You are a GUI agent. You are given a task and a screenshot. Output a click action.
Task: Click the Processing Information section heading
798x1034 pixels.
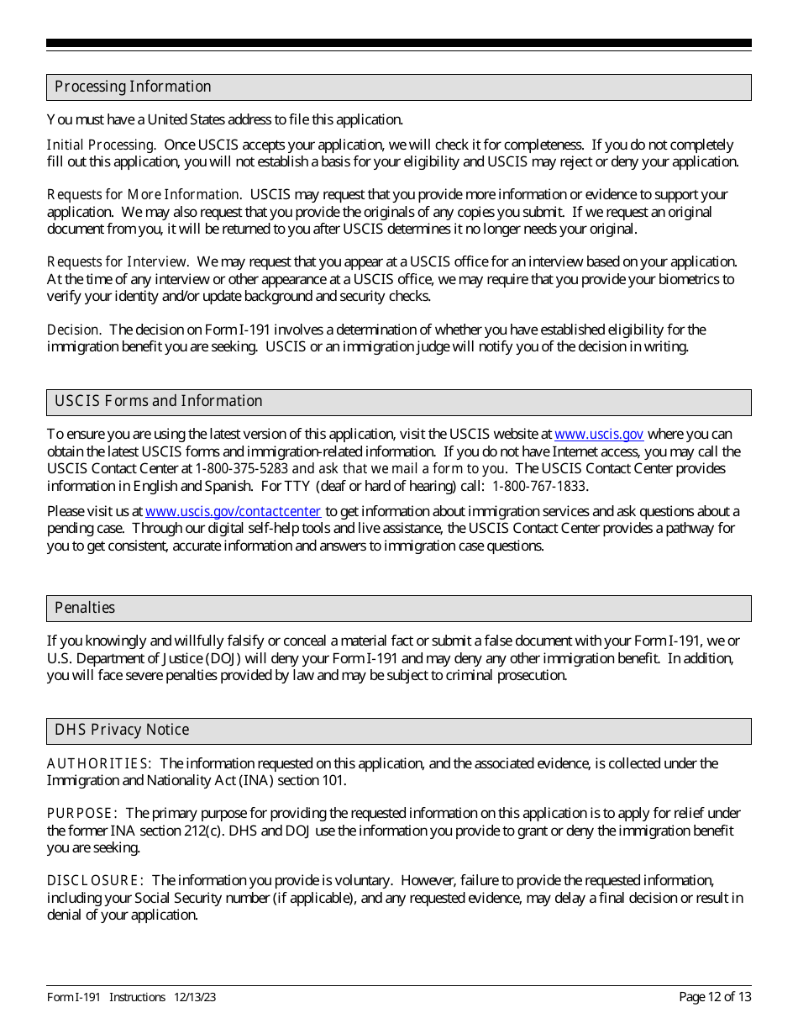[133, 87]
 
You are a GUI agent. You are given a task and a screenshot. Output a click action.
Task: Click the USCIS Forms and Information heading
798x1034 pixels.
[158, 402]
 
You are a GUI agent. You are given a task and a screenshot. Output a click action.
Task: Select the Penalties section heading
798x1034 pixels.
[85, 608]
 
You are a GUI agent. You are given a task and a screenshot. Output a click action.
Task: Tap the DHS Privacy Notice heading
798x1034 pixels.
[122, 730]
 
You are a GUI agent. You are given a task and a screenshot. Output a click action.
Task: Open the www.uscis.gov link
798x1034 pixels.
[599, 435]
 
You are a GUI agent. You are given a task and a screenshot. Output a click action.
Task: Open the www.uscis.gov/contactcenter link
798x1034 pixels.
[233, 511]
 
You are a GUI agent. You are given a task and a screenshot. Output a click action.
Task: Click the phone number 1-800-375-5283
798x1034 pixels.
[242, 469]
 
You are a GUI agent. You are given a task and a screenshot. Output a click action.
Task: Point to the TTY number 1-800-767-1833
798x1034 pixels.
[539, 486]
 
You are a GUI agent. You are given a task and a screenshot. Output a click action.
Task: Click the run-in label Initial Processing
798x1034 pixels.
[101, 145]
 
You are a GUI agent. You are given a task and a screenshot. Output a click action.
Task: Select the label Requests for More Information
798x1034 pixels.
[144, 195]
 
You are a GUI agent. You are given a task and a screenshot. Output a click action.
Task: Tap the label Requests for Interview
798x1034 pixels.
[118, 262]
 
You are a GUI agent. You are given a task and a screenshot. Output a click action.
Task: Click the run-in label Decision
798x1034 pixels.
[74, 330]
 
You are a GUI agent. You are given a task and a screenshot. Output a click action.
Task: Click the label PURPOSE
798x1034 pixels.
[81, 814]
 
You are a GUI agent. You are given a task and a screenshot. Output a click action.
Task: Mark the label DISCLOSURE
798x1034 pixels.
[95, 881]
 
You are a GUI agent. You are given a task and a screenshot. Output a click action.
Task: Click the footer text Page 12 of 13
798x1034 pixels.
[715, 997]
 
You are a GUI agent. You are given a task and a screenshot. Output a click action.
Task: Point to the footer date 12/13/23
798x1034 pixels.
[195, 997]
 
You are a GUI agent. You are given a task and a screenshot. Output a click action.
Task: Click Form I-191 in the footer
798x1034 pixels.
[74, 997]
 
